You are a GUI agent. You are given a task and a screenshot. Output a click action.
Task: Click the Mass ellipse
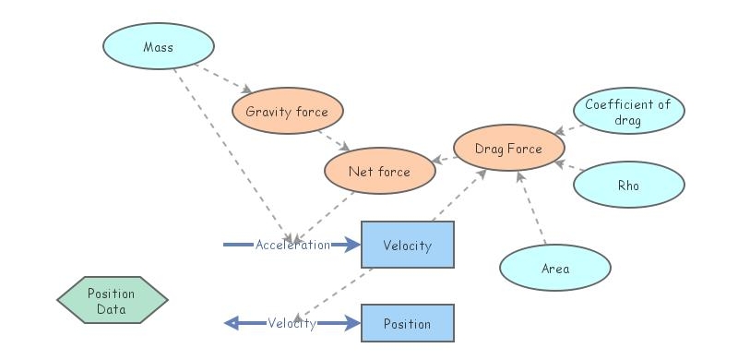coord(158,46)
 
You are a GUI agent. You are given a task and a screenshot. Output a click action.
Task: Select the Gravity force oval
coord(287,112)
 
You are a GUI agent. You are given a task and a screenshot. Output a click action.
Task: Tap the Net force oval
coord(379,172)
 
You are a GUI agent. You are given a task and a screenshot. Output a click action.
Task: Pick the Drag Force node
coord(508,148)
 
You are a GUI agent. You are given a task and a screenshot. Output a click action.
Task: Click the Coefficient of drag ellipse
coord(628,112)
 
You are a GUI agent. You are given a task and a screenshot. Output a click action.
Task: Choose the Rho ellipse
coord(628,186)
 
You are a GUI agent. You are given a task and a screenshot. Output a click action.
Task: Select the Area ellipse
coord(555,269)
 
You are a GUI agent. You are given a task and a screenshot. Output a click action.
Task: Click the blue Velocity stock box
coord(407,245)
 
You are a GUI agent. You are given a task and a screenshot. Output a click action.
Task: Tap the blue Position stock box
coord(407,324)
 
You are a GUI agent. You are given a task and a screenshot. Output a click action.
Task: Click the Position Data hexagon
coord(112,301)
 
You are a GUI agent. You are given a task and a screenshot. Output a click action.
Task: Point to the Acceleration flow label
coord(292,245)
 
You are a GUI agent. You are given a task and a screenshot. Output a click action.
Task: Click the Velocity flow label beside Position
coord(292,323)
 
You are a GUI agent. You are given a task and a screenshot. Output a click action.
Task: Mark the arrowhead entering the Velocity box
coord(351,245)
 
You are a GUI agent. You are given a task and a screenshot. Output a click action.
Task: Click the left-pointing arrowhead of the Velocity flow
coord(232,323)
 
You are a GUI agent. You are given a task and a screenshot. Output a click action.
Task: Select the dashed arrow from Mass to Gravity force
coord(226,78)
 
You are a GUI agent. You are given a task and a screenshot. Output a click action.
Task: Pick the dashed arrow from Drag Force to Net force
coord(444,159)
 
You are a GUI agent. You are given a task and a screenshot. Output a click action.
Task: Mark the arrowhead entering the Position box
coord(351,323)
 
